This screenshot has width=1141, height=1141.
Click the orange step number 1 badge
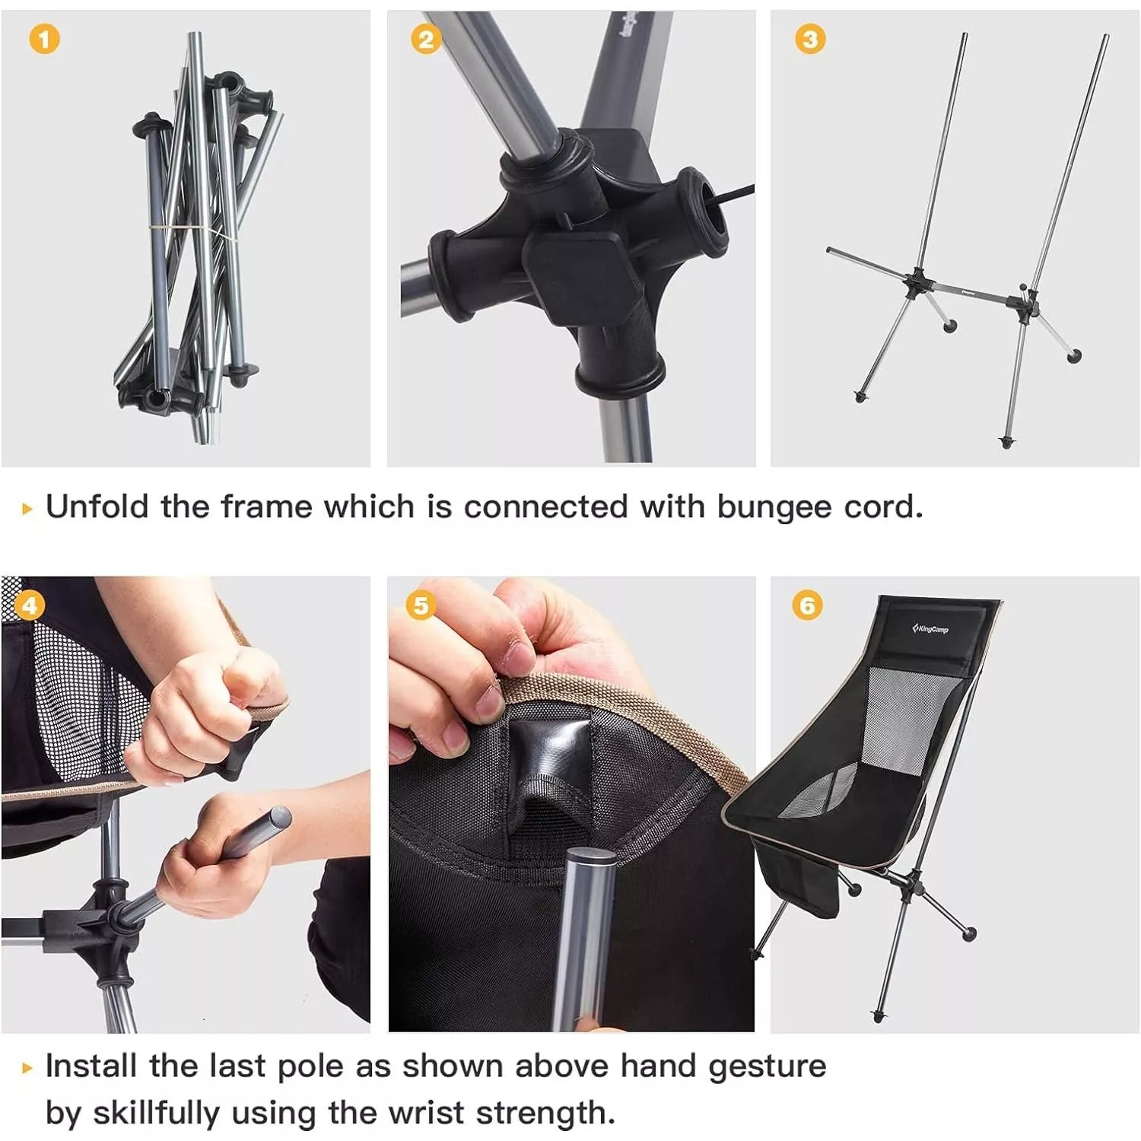(44, 39)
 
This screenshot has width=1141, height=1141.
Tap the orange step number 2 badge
(426, 39)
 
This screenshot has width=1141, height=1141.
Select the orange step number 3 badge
(810, 39)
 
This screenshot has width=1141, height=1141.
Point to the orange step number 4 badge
(29, 605)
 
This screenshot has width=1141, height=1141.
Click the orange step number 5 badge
(421, 605)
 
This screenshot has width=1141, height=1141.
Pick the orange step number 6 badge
(807, 605)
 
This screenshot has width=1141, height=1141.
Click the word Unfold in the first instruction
(97, 507)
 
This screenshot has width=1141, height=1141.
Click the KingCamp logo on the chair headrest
(930, 628)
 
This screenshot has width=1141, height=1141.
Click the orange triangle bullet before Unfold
(28, 509)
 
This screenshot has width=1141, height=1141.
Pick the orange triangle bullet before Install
(28, 1068)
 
